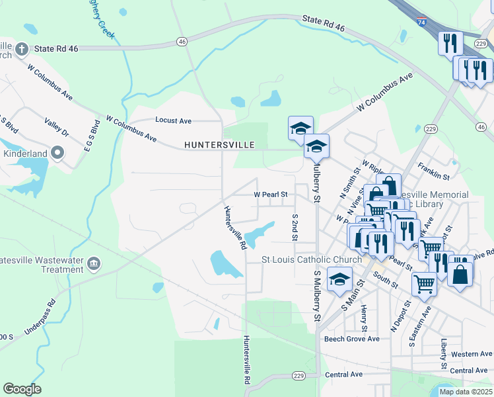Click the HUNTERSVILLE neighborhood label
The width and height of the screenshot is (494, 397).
point(219,144)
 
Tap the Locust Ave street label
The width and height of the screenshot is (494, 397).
point(173,120)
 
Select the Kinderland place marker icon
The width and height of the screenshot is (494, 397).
point(57,154)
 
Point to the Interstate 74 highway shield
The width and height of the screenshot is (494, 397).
point(422,22)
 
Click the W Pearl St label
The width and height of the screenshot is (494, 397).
point(271,195)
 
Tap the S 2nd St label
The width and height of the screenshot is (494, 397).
point(295,227)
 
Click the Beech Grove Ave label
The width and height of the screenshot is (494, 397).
point(351,339)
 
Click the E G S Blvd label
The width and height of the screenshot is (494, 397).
point(95,136)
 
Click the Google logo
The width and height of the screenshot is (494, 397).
point(22,389)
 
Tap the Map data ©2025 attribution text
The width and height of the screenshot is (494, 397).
point(465,392)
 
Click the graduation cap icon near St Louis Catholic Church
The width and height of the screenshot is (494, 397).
point(340,279)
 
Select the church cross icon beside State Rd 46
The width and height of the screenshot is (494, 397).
point(21,48)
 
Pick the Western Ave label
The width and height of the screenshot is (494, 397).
point(472,354)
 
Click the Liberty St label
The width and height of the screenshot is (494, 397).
point(444,355)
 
